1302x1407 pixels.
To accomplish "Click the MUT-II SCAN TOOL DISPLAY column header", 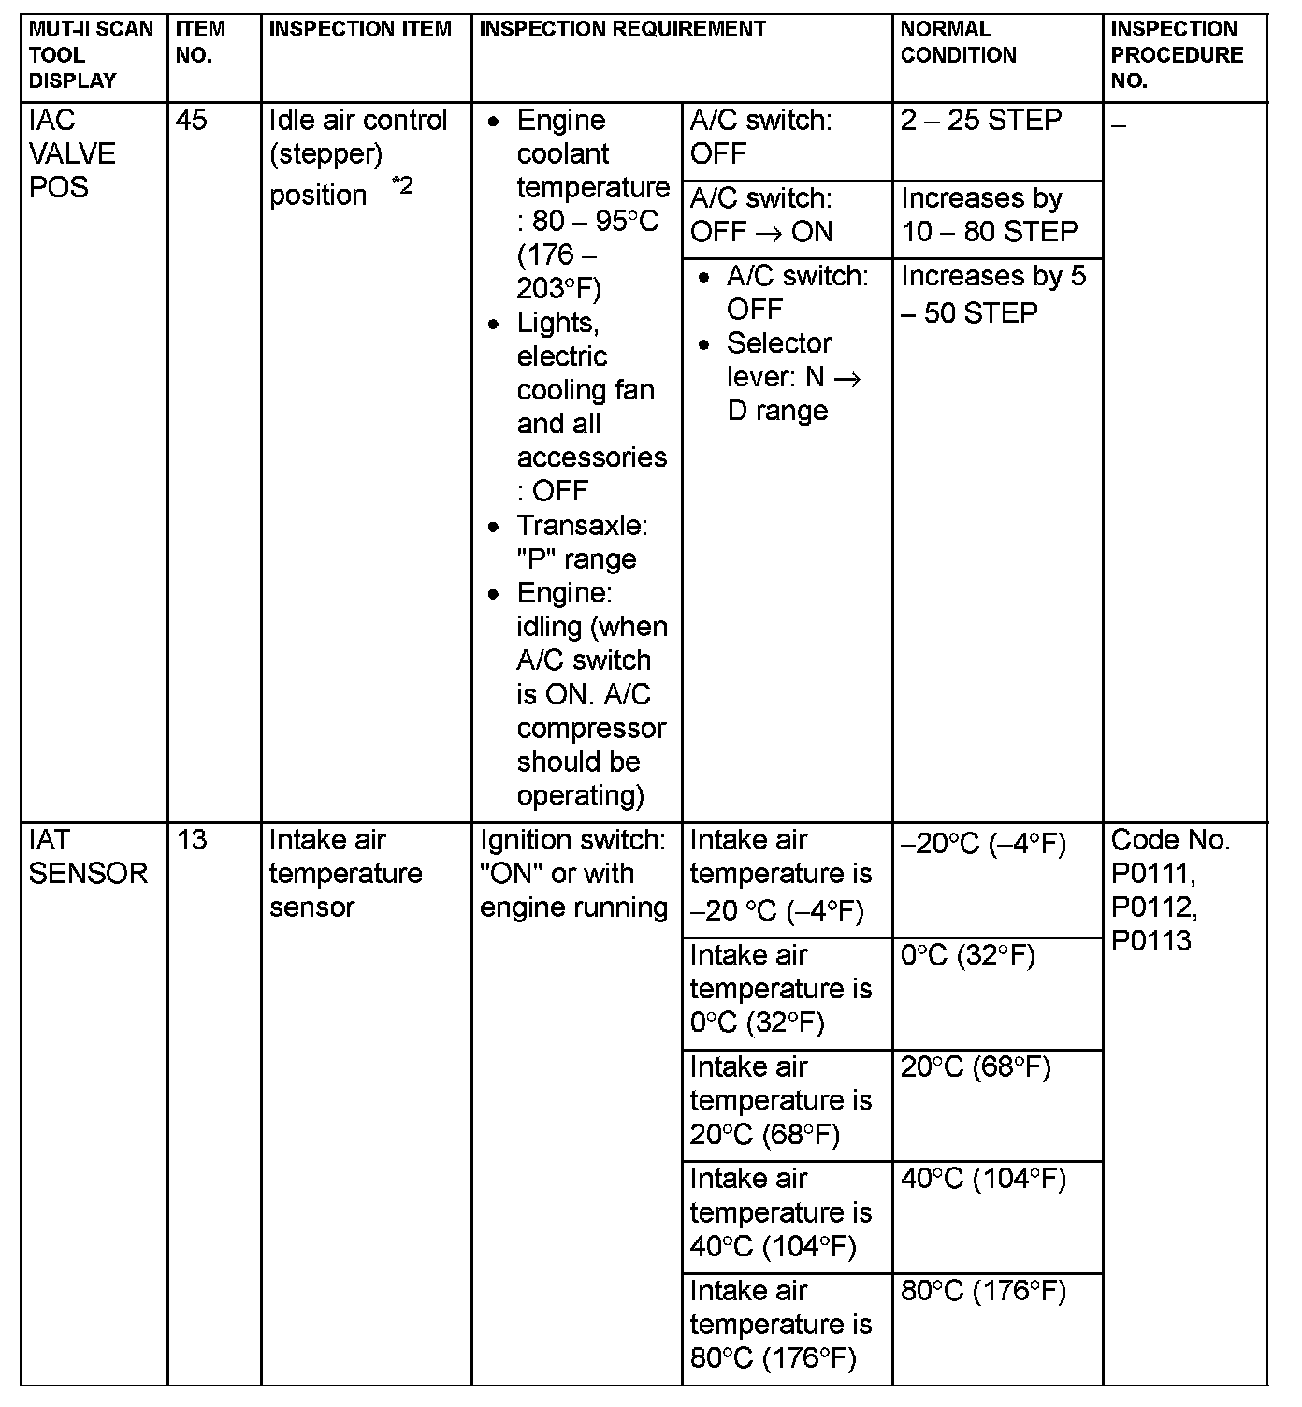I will pos(91,54).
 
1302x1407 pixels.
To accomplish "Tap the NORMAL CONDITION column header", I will pos(959,42).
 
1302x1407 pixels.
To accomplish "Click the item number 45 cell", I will pos(192,121).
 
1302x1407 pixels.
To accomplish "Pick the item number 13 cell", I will pos(192,840).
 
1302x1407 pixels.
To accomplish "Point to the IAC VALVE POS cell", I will pos(72,153).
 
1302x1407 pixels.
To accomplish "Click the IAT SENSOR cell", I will pos(88,857).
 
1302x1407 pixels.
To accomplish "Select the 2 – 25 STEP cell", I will pos(981,121).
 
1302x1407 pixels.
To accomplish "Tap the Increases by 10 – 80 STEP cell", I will pos(989,215).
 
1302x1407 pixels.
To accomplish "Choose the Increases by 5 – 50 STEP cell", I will pos(992,294).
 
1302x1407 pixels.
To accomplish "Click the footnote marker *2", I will pos(402,185).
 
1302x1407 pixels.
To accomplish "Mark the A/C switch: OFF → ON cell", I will pos(761,215).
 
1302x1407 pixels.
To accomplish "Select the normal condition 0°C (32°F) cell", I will pos(967,956).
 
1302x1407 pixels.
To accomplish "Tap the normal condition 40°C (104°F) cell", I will pos(983,1180).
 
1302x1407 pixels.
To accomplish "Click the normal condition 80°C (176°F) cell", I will pos(983,1292).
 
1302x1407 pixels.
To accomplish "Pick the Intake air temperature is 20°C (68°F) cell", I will pos(780,1101).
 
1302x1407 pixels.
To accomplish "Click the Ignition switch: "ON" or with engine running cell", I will pos(573,874).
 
